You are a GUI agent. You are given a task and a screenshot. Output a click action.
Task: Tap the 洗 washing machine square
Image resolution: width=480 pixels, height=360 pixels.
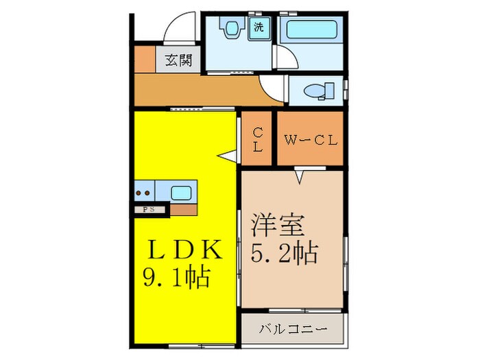[x=259, y=28]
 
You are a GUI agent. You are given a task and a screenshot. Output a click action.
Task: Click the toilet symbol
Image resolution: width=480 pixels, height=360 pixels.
[x=319, y=90]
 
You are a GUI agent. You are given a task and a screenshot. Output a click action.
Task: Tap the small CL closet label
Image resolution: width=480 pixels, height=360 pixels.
[x=257, y=140]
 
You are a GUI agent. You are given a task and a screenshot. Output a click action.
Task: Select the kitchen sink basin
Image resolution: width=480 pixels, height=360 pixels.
[x=181, y=192]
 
